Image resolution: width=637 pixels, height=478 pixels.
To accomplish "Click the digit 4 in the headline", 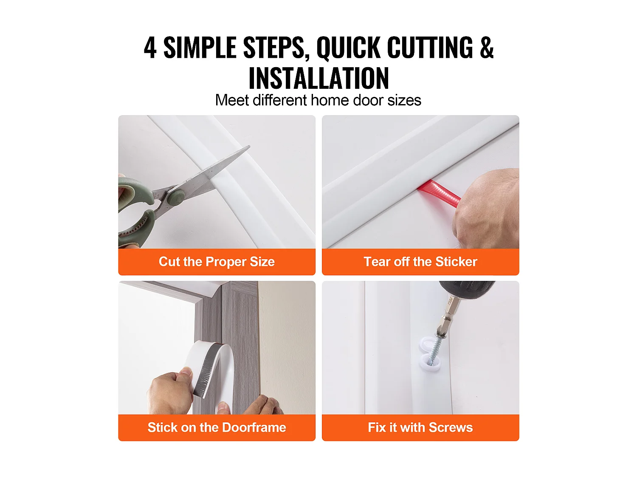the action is coord(150,48).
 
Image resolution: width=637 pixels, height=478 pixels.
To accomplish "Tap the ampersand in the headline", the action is coord(487,48).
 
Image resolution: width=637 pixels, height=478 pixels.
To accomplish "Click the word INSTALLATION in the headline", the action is coord(318,78).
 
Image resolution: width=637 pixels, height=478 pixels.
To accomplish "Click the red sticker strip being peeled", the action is coord(439,193).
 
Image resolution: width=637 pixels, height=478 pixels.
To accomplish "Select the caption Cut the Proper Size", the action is coord(217,261).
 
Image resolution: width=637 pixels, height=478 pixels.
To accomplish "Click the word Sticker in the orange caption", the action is coord(456,261).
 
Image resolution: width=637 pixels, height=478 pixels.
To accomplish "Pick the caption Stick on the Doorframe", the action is coord(217,427).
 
